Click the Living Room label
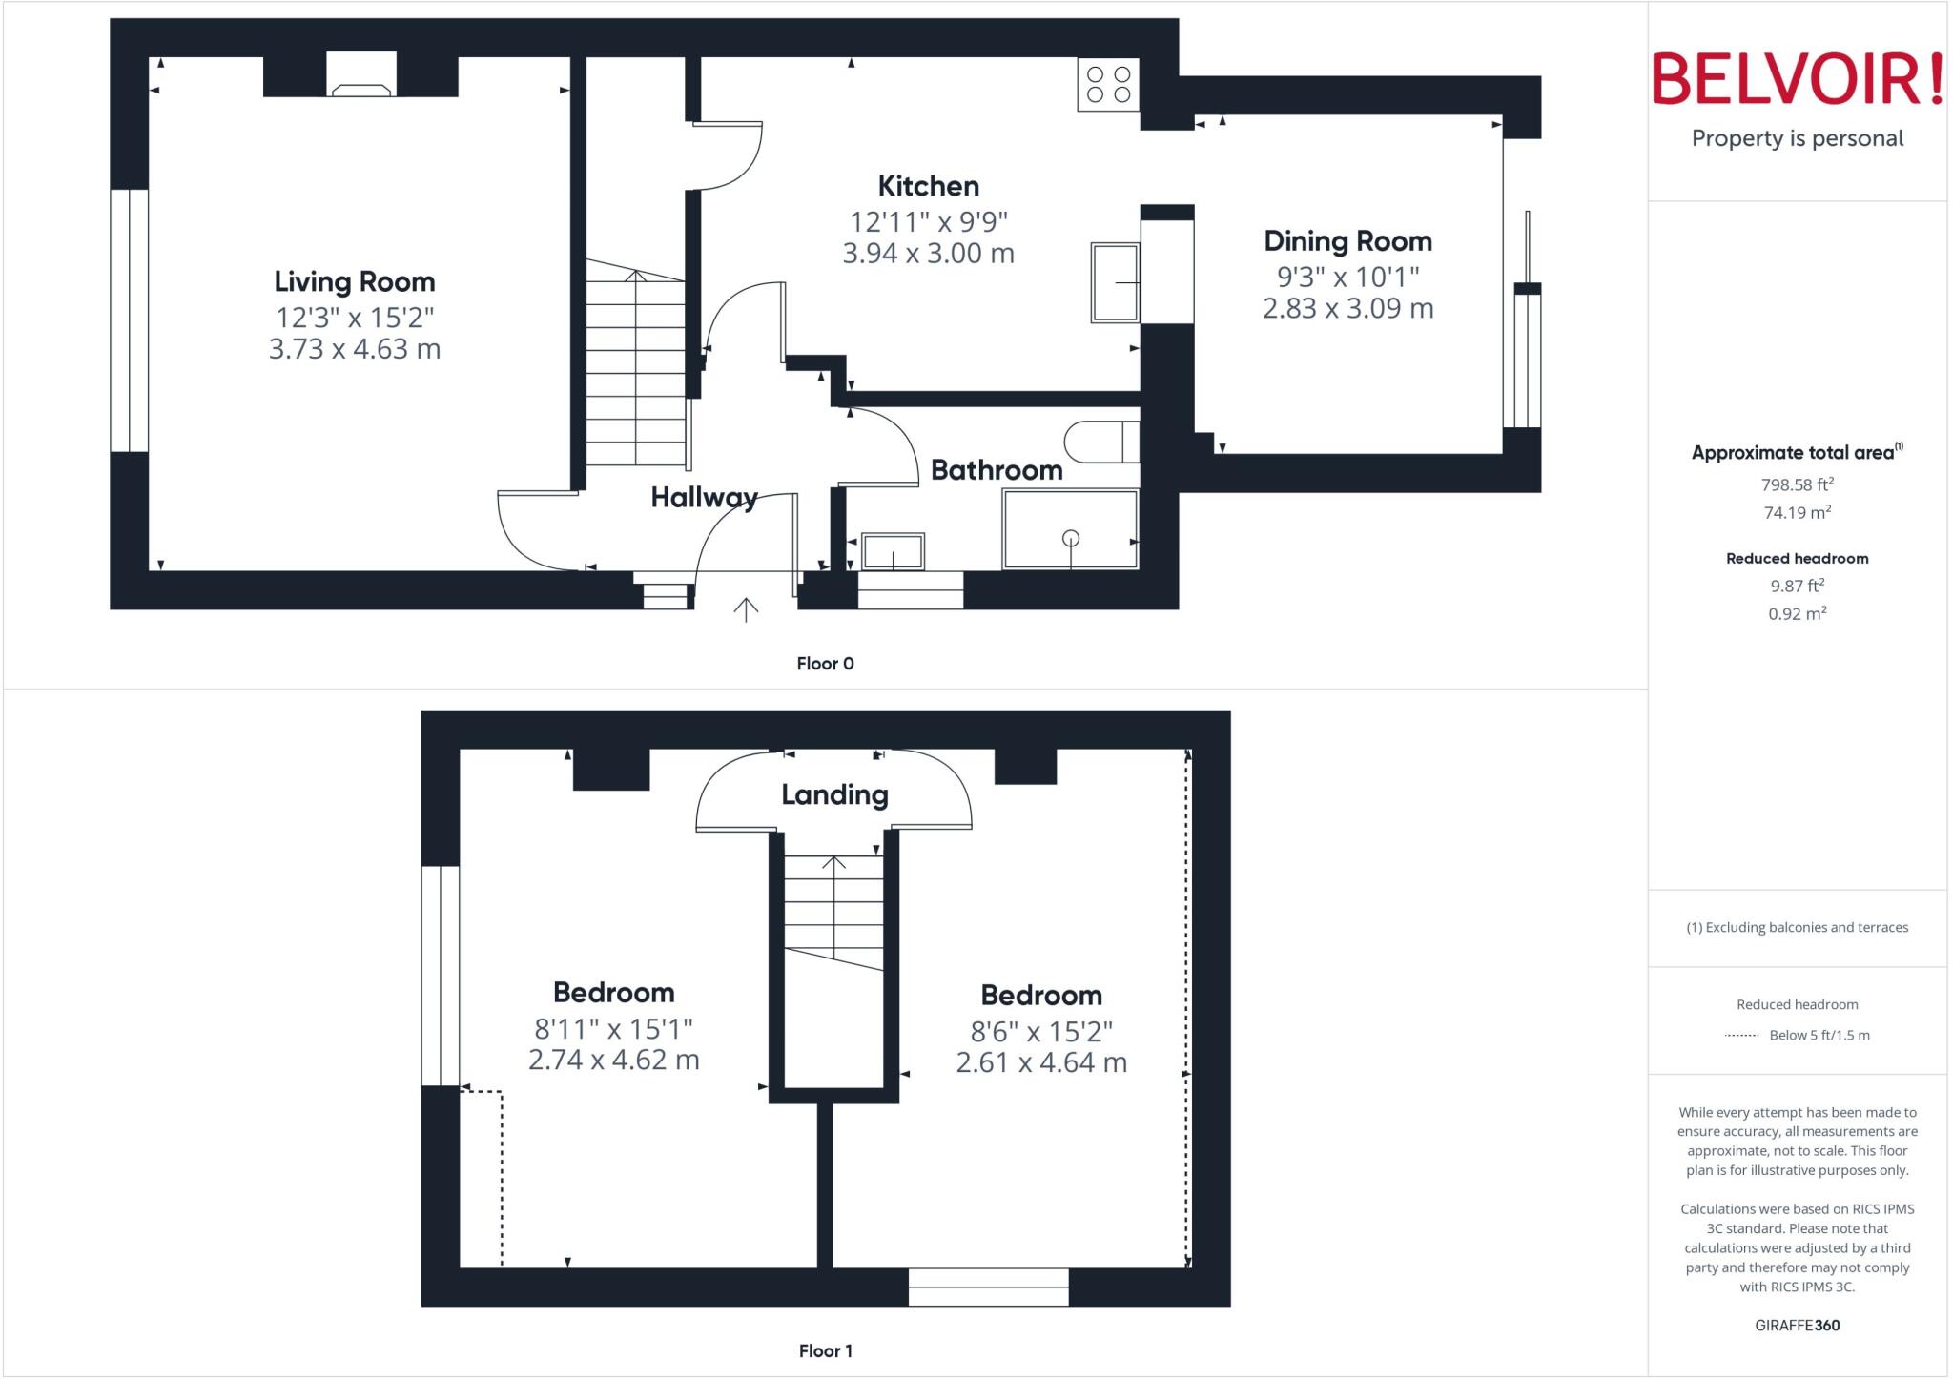(354, 281)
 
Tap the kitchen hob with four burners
(1108, 84)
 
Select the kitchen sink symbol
(1115, 282)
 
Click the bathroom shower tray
(1070, 529)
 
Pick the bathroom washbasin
(893, 551)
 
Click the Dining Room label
(1347, 241)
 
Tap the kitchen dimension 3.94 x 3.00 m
(928, 254)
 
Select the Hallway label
(704, 497)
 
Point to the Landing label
(834, 794)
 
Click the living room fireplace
(361, 76)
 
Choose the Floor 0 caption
(825, 664)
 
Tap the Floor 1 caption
(825, 1350)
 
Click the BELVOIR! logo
(1797, 79)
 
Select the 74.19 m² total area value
(1797, 512)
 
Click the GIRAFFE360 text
(1797, 1325)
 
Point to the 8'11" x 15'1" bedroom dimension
(613, 1029)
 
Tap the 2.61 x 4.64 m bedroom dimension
(1041, 1062)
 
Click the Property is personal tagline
(1797, 138)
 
